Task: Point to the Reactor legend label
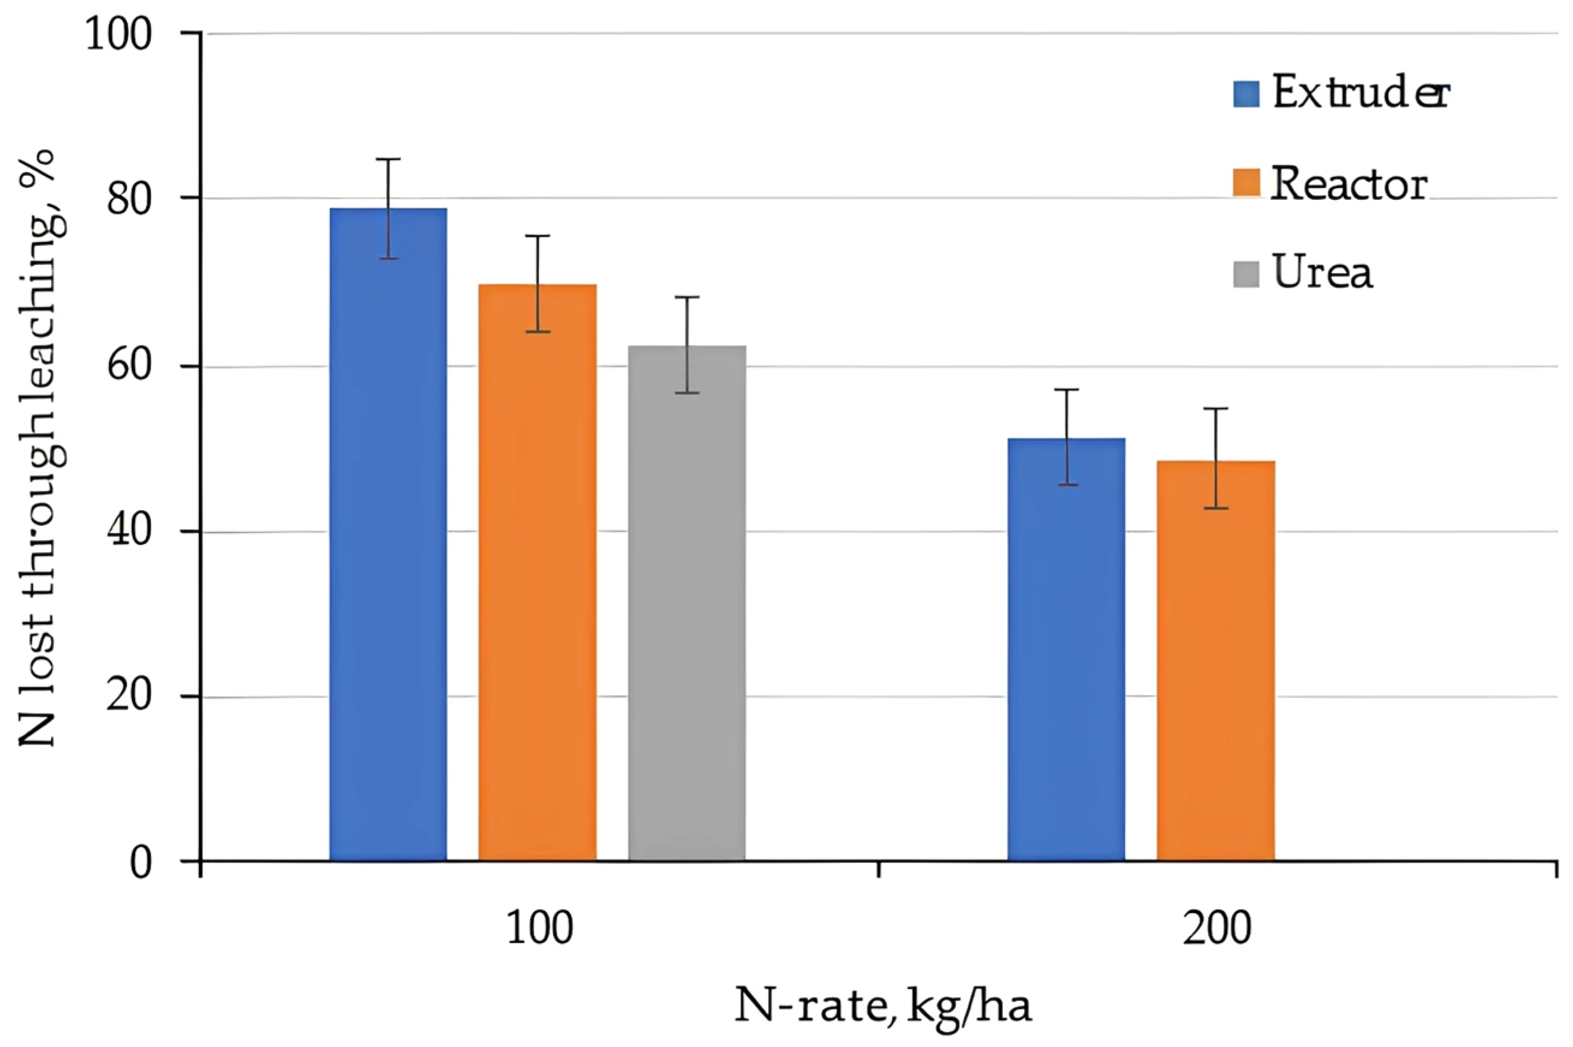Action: tap(1348, 184)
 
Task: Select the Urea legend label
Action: tap(1323, 273)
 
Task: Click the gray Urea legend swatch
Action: tap(1246, 274)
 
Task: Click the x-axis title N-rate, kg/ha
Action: tap(882, 1006)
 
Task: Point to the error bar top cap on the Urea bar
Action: tap(686, 297)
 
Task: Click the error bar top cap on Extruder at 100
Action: tap(388, 159)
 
